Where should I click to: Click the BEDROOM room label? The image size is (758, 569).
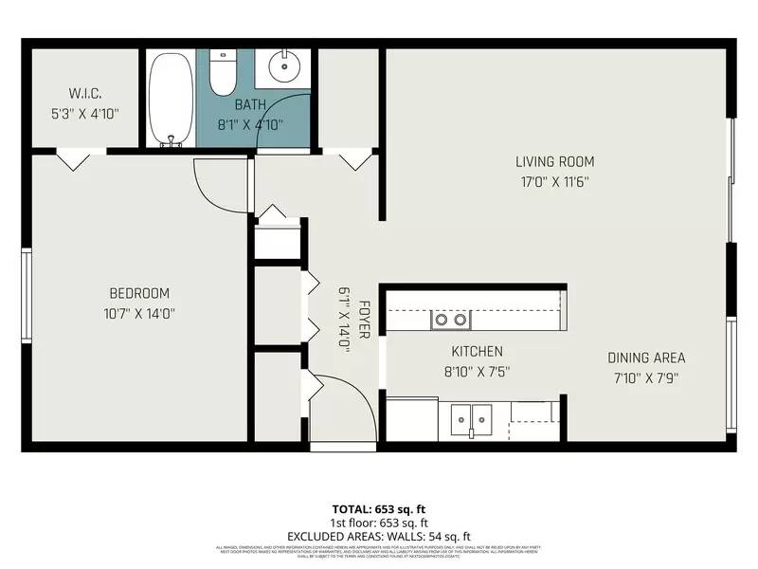(138, 293)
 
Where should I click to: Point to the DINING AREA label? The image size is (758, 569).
(646, 358)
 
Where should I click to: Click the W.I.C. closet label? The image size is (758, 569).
(85, 93)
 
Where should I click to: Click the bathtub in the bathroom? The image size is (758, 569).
(171, 99)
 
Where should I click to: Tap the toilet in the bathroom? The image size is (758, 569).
(223, 72)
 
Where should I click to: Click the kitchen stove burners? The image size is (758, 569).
(450, 320)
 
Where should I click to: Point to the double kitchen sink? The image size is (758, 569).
(471, 417)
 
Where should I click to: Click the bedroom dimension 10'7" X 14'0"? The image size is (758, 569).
(138, 313)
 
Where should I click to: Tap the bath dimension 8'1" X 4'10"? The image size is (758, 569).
(250, 124)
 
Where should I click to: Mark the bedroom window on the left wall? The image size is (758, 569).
(27, 294)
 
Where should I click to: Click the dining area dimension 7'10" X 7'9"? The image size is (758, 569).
(646, 377)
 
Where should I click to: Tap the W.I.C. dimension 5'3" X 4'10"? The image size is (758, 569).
(85, 113)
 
